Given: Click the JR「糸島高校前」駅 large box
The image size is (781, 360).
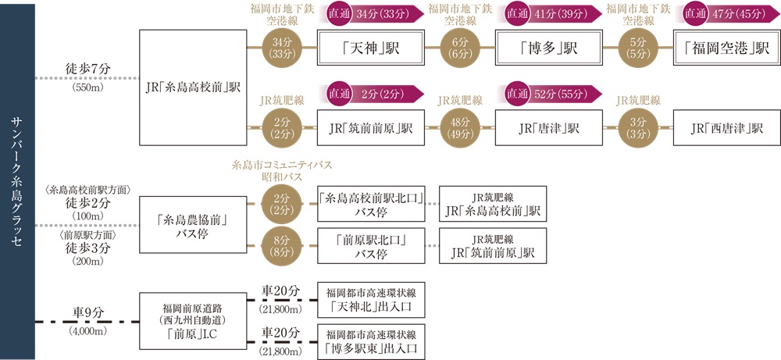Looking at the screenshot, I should (192, 87).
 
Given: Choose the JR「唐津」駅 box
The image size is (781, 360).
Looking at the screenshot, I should (548, 127).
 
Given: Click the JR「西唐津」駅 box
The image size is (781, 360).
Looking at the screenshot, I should (726, 127).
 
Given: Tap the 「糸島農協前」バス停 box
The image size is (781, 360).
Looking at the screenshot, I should (192, 226).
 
